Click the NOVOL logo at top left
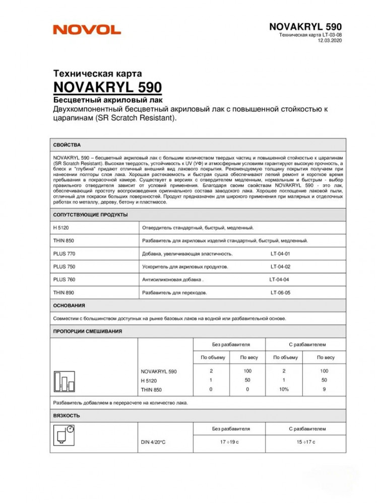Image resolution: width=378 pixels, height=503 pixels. pyautogui.click(x=87, y=30)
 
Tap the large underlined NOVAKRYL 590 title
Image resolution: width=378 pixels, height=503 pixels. pyautogui.click(x=107, y=86)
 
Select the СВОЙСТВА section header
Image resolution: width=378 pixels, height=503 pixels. pyautogui.click(x=67, y=145)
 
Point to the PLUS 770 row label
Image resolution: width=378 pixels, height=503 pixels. pyautogui.click(x=64, y=254)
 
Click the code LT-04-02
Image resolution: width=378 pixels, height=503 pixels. pyautogui.click(x=280, y=267)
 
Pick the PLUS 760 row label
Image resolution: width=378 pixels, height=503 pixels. pyautogui.click(x=64, y=280)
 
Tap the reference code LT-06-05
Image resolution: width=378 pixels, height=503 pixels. pyautogui.click(x=280, y=292)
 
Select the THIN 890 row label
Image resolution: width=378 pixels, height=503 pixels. pyautogui.click(x=64, y=292)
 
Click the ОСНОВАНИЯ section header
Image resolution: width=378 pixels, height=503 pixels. pyautogui.click(x=69, y=305)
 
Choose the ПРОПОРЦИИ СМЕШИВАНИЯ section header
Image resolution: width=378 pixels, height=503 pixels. pyautogui.click(x=88, y=331)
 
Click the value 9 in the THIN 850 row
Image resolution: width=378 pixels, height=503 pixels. pyautogui.click(x=325, y=389)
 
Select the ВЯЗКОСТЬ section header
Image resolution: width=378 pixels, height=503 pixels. pyautogui.click(x=66, y=416)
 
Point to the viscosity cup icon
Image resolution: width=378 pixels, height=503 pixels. pyautogui.click(x=64, y=436)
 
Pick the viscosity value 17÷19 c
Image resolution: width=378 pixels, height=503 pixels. pyautogui.click(x=230, y=442)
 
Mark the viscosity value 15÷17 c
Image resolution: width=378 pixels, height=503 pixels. pyautogui.click(x=305, y=442)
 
